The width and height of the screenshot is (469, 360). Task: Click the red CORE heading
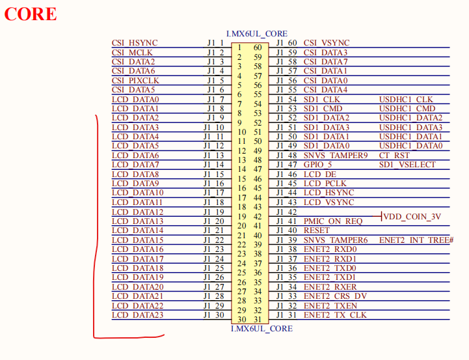click(31, 14)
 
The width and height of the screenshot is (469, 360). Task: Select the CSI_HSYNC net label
click(135, 43)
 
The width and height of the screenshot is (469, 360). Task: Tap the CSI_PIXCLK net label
click(135, 80)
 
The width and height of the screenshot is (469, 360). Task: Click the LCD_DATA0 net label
click(135, 99)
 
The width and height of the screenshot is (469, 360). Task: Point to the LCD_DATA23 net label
click(138, 315)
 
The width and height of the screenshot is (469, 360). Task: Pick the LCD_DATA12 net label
click(138, 212)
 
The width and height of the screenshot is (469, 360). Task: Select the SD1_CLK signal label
click(322, 99)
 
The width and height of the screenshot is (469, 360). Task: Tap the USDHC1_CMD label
click(407, 109)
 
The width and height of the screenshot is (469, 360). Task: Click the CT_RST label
click(394, 156)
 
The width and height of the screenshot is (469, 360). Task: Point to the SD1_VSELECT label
click(407, 165)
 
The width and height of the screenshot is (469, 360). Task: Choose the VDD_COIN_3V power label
click(412, 216)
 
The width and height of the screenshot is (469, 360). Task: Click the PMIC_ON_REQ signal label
click(333, 221)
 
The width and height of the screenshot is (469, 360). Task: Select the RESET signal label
click(317, 230)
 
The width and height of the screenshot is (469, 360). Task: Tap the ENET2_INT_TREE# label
click(416, 240)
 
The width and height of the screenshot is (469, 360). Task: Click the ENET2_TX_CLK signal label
click(335, 315)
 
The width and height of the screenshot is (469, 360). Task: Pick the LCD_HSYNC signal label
click(328, 193)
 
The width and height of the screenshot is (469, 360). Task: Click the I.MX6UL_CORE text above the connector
click(256, 33)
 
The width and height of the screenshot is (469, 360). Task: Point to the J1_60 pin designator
click(286, 43)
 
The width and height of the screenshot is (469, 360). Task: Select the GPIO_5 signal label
click(318, 165)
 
